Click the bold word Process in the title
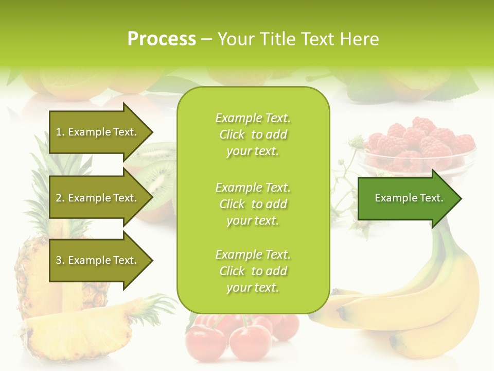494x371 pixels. coord(162,39)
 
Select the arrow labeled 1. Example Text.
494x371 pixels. coord(98,132)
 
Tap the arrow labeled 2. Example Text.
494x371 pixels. coord(98,198)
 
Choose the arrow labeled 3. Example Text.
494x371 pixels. coord(98,260)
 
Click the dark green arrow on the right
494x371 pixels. coord(407,198)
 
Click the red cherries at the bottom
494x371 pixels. coord(242,335)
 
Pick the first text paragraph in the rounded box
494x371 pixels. coord(253,134)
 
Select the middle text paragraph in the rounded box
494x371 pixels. coord(253,204)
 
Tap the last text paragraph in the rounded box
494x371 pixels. coord(253,271)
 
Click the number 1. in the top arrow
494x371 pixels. coord(60,132)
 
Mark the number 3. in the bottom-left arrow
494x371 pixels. coord(60,260)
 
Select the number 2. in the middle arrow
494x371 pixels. coord(60,198)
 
